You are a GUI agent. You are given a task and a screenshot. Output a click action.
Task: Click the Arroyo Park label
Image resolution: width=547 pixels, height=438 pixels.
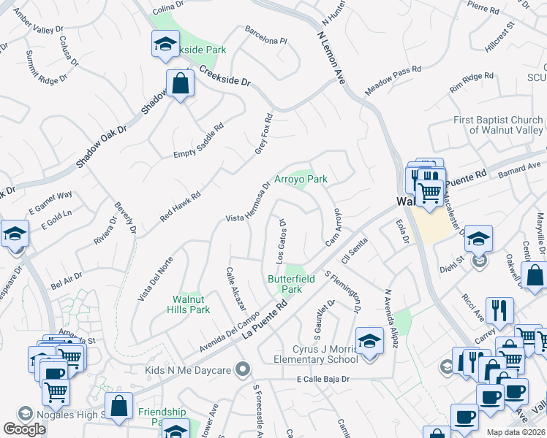(301, 179)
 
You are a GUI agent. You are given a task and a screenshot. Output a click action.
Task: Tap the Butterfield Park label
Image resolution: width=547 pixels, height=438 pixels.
(284, 284)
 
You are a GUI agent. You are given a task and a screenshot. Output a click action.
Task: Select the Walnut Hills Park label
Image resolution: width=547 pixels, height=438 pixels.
(191, 304)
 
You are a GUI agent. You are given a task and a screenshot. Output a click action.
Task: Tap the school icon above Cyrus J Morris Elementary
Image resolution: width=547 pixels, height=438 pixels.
(369, 340)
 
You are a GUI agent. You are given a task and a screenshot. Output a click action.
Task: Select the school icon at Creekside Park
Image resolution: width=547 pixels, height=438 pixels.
(165, 44)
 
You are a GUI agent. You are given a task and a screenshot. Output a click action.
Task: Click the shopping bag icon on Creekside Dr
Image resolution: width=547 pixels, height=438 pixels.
(179, 84)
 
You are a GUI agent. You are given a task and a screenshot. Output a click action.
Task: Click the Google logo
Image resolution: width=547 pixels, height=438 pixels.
(24, 429)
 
